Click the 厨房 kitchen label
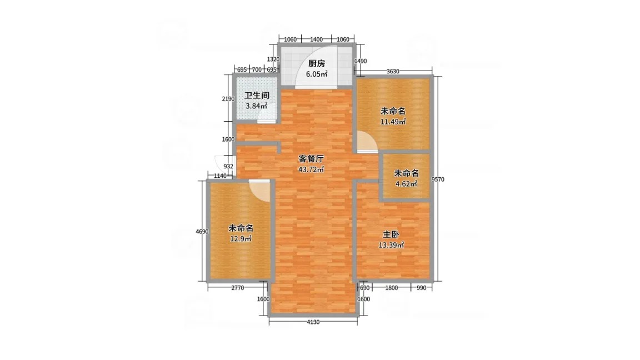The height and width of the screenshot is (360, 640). click(316, 64)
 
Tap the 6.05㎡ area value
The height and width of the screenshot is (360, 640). click(317, 74)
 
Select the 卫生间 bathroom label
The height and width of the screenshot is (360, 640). click(257, 96)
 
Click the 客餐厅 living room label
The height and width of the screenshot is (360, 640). click(311, 159)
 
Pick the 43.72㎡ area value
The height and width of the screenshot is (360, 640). click(311, 169)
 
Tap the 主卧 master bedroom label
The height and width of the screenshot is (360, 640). click(391, 234)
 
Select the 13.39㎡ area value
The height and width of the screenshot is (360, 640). click(391, 246)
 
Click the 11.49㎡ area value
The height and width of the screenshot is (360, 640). click(393, 122)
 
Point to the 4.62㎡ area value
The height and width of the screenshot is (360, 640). click(406, 184)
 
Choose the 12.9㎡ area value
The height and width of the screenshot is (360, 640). click(241, 239)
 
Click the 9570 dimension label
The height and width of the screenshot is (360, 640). click(438, 179)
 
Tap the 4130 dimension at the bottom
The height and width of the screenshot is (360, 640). click(313, 322)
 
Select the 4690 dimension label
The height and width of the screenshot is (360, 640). click(202, 232)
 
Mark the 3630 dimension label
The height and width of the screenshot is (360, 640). click(393, 72)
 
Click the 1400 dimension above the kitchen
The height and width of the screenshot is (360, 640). click(316, 39)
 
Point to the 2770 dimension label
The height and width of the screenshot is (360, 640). click(238, 288)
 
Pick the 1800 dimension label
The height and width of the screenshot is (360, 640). click(391, 288)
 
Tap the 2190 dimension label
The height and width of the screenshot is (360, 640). click(228, 99)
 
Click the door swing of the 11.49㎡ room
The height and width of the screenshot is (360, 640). click(367, 142)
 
